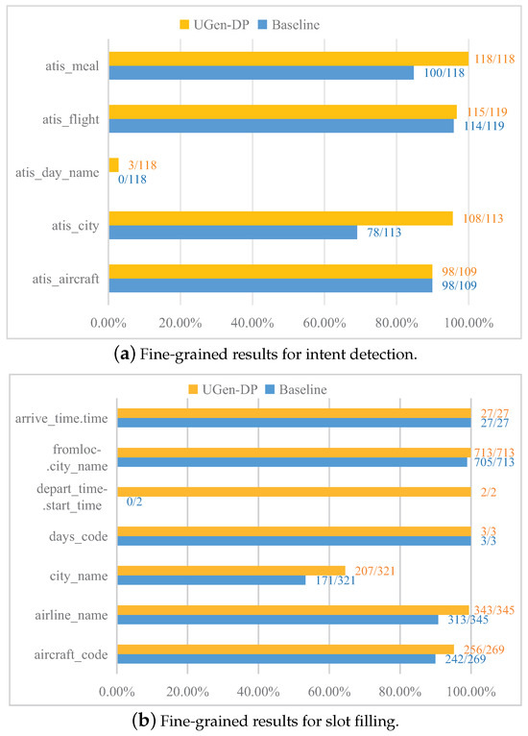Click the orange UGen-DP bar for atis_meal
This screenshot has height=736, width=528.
click(288, 59)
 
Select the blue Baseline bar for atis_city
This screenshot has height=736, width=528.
click(232, 232)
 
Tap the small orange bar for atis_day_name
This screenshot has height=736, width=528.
click(113, 165)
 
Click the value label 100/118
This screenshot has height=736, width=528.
click(439, 73)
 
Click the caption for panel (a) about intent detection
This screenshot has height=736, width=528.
click(263, 355)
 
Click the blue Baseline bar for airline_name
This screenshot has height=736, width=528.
click(277, 619)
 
